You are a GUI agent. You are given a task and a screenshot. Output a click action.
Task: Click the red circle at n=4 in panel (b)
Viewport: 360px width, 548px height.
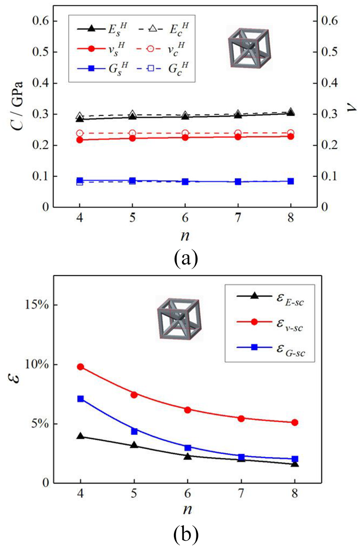coord(80,367)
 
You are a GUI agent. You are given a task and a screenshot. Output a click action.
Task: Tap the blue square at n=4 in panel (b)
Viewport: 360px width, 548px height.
coord(80,398)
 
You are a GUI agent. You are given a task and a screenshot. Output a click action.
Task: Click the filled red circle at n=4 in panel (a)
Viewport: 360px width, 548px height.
coord(80,140)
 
